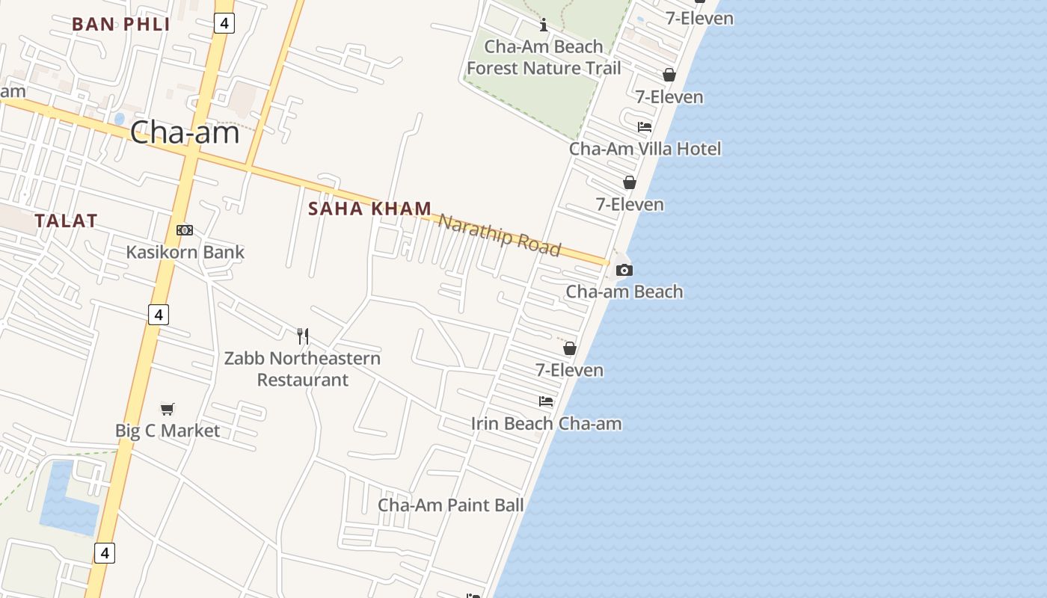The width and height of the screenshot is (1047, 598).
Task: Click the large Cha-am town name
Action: click(185, 132)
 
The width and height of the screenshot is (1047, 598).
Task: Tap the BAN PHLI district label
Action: click(121, 24)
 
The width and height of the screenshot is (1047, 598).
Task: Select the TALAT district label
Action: click(66, 221)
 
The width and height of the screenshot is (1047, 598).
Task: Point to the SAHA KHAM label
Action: click(369, 209)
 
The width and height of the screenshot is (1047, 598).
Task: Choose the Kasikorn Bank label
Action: click(185, 252)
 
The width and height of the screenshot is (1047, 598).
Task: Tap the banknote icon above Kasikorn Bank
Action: click(185, 230)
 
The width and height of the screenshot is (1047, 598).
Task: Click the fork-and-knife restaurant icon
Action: click(303, 336)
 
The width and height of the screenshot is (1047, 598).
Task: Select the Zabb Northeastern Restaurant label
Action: click(303, 369)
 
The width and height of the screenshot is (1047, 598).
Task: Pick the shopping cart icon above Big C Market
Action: click(168, 409)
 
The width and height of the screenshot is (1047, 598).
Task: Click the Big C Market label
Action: click(168, 431)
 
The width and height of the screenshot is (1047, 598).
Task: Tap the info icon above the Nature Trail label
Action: click(544, 25)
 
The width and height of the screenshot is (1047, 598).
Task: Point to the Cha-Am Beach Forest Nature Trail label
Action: click(544, 58)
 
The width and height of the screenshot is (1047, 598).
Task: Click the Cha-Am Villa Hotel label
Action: click(645, 149)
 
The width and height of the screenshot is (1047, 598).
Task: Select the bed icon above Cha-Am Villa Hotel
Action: click(645, 127)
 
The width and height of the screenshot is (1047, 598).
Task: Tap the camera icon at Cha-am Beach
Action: click(624, 270)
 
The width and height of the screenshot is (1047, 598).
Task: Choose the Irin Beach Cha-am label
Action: click(546, 424)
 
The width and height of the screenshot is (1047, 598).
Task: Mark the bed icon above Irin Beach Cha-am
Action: click(546, 401)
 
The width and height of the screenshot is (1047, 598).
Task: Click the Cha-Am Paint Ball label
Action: click(450, 505)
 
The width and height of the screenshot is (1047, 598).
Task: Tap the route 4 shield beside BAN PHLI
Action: click(224, 23)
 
